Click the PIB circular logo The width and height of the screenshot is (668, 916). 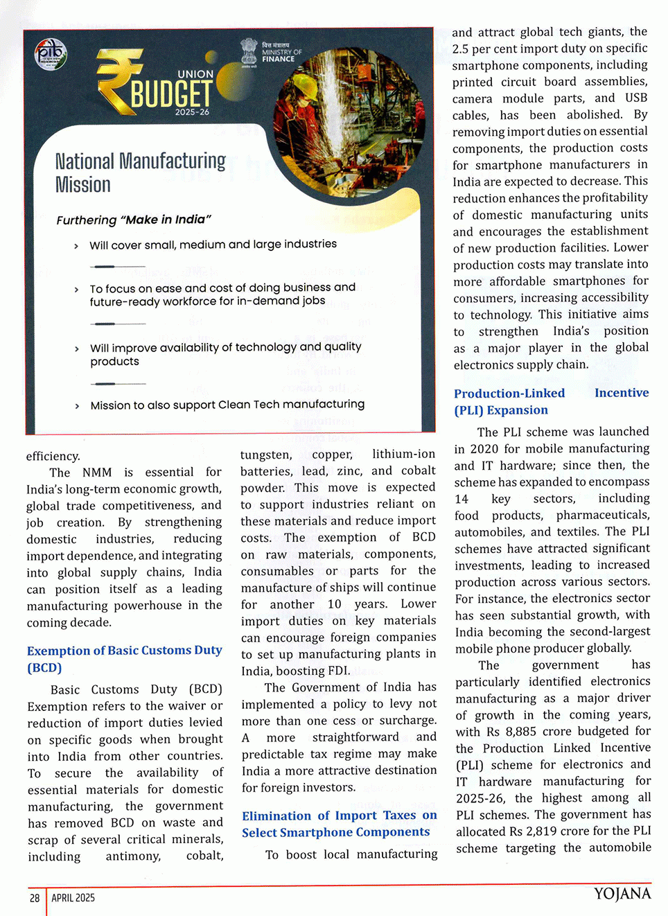click(51, 55)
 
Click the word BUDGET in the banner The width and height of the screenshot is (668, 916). click(171, 94)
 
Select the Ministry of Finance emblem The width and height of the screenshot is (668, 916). click(249, 51)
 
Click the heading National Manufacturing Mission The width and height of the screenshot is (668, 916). click(140, 173)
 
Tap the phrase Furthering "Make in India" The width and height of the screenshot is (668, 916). click(133, 220)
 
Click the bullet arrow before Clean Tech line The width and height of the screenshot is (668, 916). click(76, 406)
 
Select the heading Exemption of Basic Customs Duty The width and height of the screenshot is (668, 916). click(124, 658)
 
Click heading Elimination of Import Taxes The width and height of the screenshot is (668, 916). click(339, 824)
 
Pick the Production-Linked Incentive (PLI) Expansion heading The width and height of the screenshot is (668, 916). click(551, 401)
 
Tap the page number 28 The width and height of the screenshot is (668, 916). click(35, 898)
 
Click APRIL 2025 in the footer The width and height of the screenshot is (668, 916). click(73, 898)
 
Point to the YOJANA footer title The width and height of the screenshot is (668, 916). click(622, 894)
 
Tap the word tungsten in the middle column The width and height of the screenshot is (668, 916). click(266, 455)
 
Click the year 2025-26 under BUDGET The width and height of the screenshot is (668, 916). click(192, 112)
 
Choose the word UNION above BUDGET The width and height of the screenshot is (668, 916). click(195, 74)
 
